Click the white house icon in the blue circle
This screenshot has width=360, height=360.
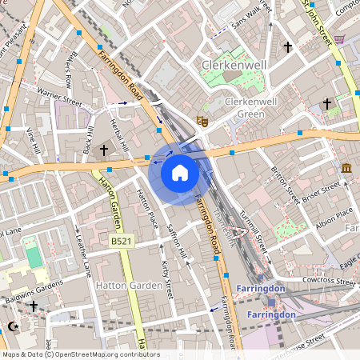tap(180, 172)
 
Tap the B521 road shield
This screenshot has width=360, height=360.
tap(122, 240)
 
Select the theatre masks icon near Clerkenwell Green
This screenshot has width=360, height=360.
tap(203, 121)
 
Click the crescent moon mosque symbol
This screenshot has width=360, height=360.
tap(12, 326)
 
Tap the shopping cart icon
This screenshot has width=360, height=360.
tap(340, 39)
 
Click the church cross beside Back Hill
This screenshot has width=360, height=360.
tap(103, 150)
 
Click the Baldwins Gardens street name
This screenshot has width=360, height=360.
tap(34, 286)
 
